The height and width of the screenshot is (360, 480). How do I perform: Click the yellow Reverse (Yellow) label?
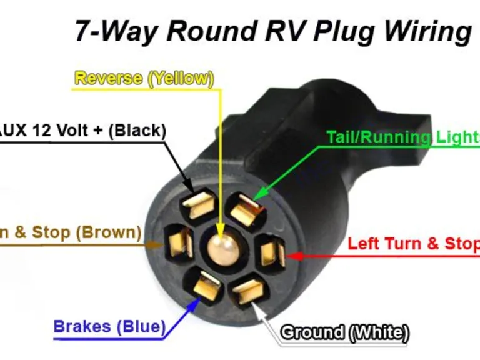coord(144,79)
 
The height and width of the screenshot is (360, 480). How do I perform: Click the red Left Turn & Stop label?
coord(413,243)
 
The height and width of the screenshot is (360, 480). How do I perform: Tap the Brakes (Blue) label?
coord(109,326)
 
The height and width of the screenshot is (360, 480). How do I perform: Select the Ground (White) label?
coord(344,332)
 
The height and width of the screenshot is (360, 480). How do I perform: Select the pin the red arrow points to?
coord(272,252)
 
